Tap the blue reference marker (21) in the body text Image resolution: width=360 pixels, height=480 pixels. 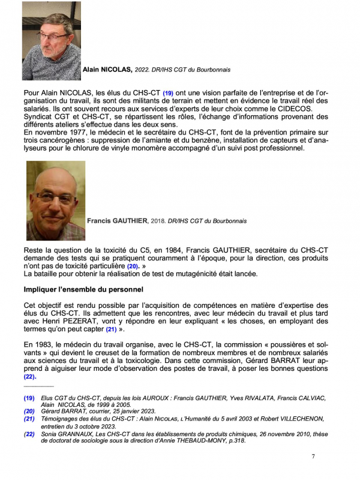[x=111, y=329]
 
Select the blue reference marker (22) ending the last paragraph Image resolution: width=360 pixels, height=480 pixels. [x=30, y=377]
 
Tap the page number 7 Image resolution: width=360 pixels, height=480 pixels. [x=313, y=457]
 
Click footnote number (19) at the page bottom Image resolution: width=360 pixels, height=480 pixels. [x=29, y=398]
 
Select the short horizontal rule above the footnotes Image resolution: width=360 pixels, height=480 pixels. [x=38, y=387]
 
